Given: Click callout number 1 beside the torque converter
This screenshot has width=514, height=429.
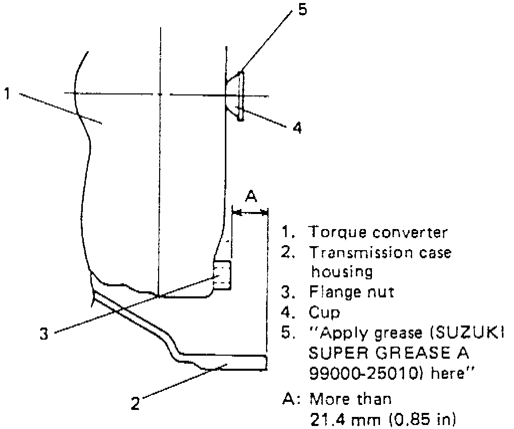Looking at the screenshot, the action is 8,94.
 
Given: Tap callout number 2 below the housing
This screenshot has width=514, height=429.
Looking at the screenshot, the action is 135,404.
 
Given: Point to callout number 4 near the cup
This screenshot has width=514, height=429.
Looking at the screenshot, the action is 298,128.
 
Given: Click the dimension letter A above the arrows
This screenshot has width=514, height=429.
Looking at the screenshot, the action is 250,196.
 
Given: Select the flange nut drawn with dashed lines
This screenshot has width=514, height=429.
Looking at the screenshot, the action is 222,275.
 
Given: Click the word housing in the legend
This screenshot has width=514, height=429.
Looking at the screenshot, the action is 342,272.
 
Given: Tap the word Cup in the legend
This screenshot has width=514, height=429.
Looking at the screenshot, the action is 324,312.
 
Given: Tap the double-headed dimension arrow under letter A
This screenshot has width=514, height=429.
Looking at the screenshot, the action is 250,213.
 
